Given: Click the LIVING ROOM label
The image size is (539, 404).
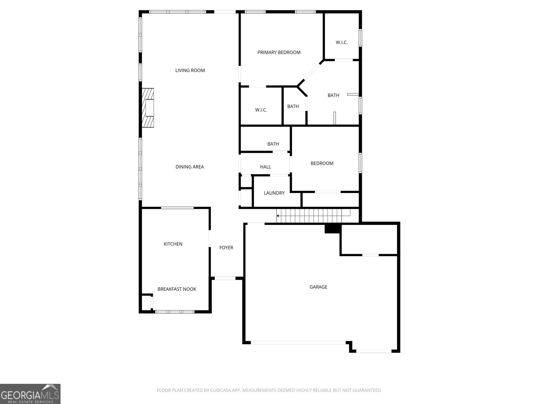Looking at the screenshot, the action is pyautogui.click(x=190, y=70).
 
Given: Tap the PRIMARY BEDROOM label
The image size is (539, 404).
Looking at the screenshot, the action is pyautogui.click(x=279, y=52).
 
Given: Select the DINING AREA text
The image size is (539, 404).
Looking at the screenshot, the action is pyautogui.click(x=190, y=167).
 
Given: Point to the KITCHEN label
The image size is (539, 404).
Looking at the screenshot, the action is pyautogui.click(x=173, y=244).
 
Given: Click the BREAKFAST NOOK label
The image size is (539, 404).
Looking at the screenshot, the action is pyautogui.click(x=177, y=289).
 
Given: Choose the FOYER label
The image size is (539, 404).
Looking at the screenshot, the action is pyautogui.click(x=226, y=247).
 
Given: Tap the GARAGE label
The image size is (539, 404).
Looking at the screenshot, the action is pyautogui.click(x=318, y=287).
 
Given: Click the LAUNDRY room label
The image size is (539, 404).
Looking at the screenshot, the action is pyautogui.click(x=274, y=193).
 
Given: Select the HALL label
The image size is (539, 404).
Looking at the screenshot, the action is pyautogui.click(x=265, y=167).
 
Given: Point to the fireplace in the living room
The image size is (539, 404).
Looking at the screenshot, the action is pyautogui.click(x=148, y=108).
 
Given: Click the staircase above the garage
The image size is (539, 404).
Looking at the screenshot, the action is pyautogui.click(x=313, y=215).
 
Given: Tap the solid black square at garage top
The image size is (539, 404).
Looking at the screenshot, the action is pyautogui.click(x=333, y=229).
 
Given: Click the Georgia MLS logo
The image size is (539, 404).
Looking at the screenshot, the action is pyautogui.click(x=30, y=394).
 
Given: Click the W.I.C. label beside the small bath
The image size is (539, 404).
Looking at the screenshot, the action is pyautogui.click(x=261, y=110).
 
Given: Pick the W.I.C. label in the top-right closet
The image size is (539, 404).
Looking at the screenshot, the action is pyautogui.click(x=342, y=42).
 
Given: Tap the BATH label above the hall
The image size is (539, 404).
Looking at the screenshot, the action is pyautogui.click(x=273, y=144).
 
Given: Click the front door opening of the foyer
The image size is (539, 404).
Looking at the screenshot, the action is pyautogui.click(x=225, y=278).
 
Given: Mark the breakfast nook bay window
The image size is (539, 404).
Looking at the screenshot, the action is pyautogui.click(x=175, y=312).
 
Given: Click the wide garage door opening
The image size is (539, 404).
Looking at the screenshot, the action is pyautogui.click(x=298, y=342).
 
